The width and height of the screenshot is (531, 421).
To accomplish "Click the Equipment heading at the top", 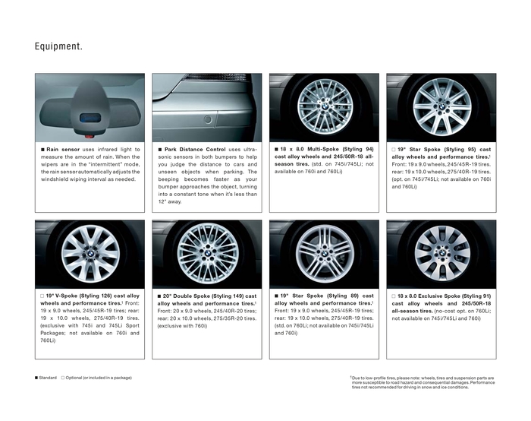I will click(58, 47).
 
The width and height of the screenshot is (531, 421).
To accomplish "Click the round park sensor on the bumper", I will click(207, 119).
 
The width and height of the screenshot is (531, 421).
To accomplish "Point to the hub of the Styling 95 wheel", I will click(441, 108).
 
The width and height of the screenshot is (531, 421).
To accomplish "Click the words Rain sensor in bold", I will click(64, 150).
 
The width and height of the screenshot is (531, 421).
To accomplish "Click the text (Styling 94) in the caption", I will click(357, 150).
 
